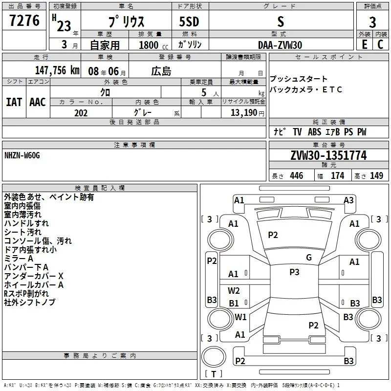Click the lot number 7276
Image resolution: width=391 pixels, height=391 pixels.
(24, 21)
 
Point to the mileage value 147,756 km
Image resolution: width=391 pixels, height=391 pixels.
(56, 70)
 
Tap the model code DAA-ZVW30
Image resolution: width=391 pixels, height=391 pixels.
(280, 45)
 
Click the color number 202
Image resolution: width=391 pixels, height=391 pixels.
(81, 113)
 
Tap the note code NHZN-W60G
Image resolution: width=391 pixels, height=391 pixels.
(22, 155)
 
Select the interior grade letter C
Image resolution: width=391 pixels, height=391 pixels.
(380, 44)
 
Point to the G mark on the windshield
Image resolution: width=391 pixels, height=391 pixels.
(308, 258)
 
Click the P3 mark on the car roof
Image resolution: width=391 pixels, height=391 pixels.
(294, 272)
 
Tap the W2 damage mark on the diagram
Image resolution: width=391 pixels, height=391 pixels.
(234, 290)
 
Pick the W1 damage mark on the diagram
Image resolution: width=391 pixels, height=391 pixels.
(240, 317)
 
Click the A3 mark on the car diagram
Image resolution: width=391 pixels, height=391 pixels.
(348, 200)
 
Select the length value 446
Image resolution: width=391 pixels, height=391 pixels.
(296, 176)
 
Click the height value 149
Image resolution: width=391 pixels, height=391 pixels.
(376, 176)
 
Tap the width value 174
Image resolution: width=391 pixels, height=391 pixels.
(337, 176)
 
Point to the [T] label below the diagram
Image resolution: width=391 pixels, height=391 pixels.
(214, 374)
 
